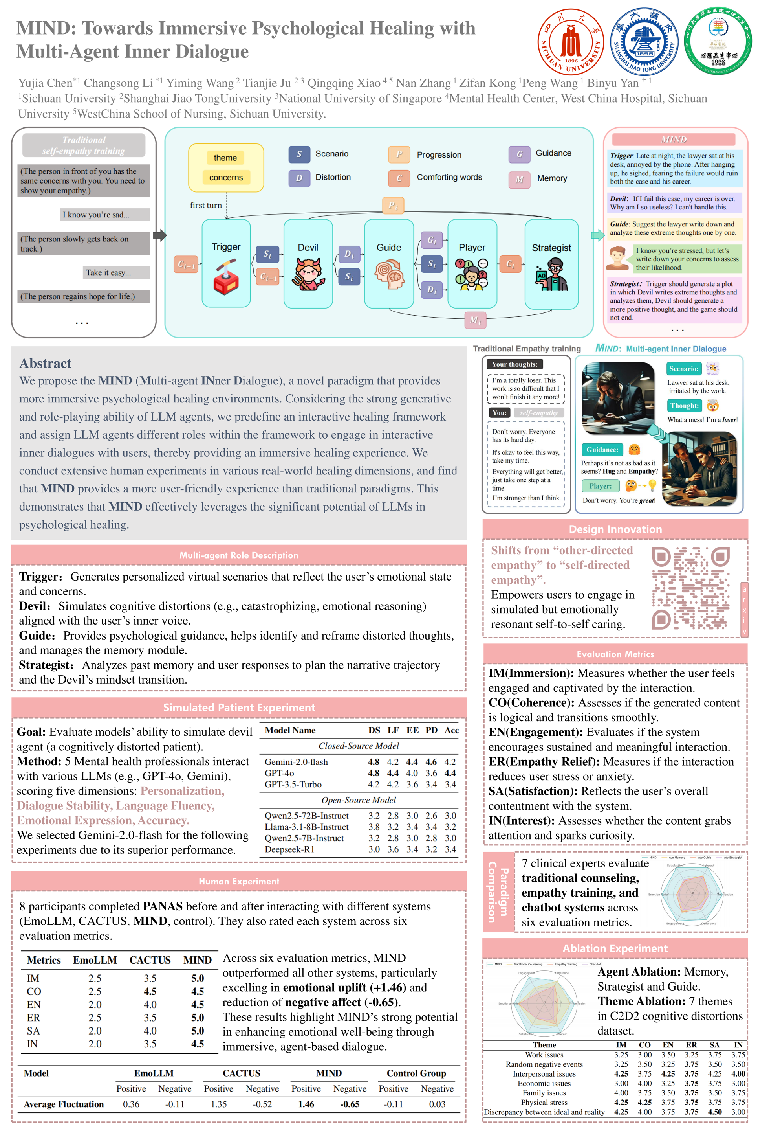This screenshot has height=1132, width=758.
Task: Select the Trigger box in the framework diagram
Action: click(x=226, y=263)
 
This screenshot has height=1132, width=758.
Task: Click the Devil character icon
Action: click(x=308, y=273)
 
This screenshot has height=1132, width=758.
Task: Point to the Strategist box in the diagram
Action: click(x=551, y=264)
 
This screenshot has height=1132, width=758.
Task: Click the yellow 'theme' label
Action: click(x=225, y=158)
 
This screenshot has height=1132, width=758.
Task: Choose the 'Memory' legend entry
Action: click(x=551, y=178)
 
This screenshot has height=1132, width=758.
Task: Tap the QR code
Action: click(x=691, y=587)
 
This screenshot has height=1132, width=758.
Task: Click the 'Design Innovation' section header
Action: click(x=615, y=529)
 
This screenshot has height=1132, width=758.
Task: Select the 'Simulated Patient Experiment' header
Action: click(x=239, y=707)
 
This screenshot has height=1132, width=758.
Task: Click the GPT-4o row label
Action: click(x=279, y=773)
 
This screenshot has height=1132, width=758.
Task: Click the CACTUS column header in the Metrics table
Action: click(x=150, y=960)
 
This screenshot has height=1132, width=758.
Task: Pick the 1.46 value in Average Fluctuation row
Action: click(x=306, y=1104)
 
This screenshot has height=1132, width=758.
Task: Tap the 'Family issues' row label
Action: click(x=544, y=1093)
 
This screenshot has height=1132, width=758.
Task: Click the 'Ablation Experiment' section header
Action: click(x=615, y=948)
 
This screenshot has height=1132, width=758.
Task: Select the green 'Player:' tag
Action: click(x=600, y=486)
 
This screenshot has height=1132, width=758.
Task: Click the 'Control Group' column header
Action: click(x=416, y=1073)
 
